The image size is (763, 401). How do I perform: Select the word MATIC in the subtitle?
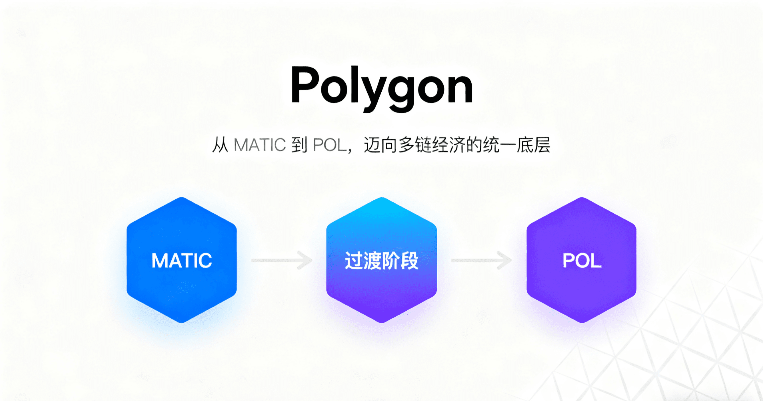pos(260,145)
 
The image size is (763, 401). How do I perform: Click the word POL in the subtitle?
pos(330,145)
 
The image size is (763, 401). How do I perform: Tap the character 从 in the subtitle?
pos(220,145)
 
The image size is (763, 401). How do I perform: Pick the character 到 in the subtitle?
pos(299,145)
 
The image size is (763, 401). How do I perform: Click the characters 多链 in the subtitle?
pos(415,145)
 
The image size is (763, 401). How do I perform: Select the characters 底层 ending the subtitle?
pos(533,145)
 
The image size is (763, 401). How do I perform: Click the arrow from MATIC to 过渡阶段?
pos(282,260)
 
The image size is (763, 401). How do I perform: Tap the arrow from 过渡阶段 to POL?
pos(481,260)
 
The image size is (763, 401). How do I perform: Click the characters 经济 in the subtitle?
pos(449,145)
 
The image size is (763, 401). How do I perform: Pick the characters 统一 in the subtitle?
pos(500,145)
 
